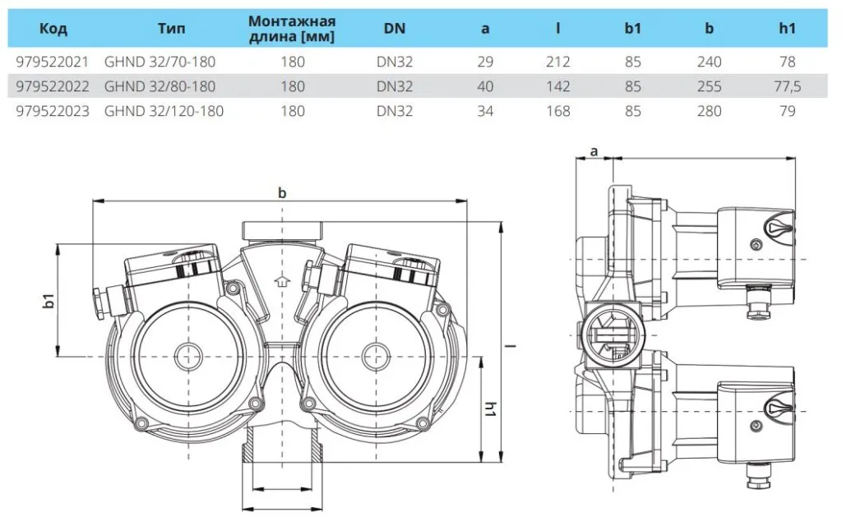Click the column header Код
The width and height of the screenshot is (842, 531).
click(53, 29)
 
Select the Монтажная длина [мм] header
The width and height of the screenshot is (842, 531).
click(292, 29)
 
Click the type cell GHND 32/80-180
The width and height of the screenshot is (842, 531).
click(159, 86)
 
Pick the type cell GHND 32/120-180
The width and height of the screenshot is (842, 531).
click(163, 111)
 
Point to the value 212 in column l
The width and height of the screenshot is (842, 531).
click(558, 62)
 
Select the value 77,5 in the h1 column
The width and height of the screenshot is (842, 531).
click(787, 86)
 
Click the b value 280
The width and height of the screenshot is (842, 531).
click(709, 111)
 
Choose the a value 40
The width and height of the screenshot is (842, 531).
click(485, 86)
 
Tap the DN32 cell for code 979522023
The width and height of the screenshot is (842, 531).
click(395, 111)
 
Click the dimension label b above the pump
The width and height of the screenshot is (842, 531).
click(282, 192)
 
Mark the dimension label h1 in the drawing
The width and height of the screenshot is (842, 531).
click(490, 409)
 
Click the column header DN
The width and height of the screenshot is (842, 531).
click(395, 29)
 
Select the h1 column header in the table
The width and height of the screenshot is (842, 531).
click(787, 29)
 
